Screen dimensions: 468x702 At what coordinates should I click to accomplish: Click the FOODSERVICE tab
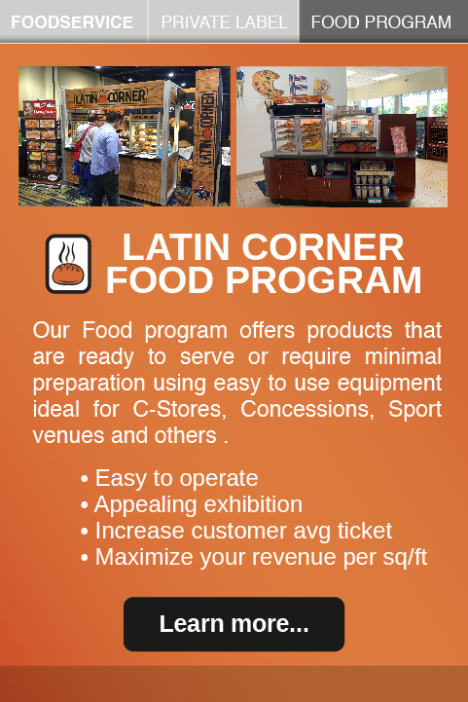pos(73,21)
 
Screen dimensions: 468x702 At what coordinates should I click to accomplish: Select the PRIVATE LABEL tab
pos(224,21)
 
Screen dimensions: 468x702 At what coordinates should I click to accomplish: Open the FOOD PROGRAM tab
pos(383,21)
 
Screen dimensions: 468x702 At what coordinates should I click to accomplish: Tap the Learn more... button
pos(234,624)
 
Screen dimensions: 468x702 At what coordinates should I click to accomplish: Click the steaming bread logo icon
pos(68,264)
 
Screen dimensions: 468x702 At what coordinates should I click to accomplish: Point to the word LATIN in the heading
pos(176,247)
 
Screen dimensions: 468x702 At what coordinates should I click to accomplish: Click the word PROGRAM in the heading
pos(323,280)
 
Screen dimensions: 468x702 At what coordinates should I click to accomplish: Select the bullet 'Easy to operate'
pos(169,478)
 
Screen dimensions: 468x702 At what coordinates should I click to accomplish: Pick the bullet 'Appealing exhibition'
pos(192,504)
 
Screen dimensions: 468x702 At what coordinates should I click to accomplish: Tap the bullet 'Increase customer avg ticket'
pos(236,531)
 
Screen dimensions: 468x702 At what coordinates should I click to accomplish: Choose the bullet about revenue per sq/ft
pos(254,557)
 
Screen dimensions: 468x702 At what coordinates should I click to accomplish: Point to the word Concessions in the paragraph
pos(307,409)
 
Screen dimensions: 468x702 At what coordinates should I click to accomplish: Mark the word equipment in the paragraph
pos(389,384)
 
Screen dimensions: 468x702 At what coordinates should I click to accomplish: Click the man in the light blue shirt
pos(106,159)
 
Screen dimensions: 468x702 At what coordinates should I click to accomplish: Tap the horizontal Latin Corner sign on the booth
pos(110,96)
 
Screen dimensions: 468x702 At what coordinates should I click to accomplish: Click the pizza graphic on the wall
pos(268,84)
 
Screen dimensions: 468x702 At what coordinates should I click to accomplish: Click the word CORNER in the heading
pos(323,247)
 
